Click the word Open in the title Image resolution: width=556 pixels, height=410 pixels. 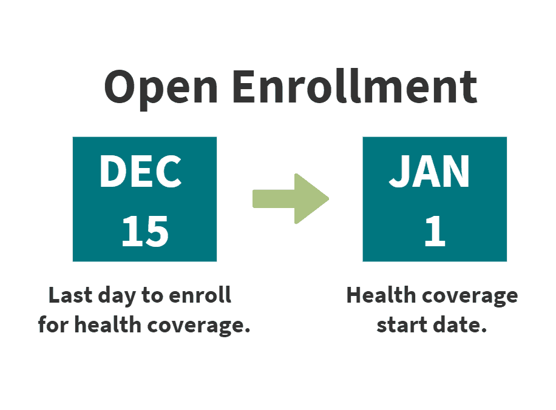[x=161, y=88]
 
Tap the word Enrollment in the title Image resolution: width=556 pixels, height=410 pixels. [x=355, y=87]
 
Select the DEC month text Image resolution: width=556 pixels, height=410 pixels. [x=140, y=172]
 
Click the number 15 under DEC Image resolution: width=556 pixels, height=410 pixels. [x=145, y=232]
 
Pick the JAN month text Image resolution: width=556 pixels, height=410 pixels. [x=429, y=172]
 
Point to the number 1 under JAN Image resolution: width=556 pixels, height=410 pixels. [x=435, y=232]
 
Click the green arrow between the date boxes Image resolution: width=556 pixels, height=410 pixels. [x=291, y=199]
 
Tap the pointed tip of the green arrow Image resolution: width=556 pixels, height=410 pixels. [x=329, y=199]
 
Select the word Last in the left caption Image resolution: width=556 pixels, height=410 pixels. [x=70, y=295]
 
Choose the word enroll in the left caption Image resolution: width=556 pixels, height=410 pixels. [x=200, y=295]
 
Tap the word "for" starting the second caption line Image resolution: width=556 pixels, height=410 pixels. [x=53, y=325]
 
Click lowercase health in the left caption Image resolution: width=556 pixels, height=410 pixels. [x=108, y=325]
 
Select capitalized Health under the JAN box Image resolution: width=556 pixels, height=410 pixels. [x=381, y=295]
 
